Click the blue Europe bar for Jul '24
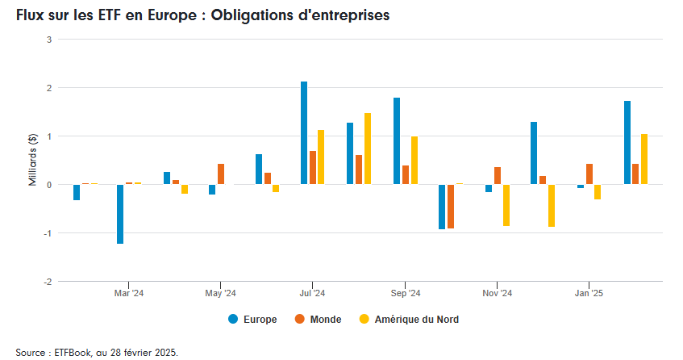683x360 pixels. tap(304, 133)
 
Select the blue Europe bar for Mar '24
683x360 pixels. tap(120, 214)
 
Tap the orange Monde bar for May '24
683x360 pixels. tap(221, 174)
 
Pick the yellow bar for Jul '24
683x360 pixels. tap(321, 157)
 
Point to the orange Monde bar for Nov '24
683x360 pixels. tap(498, 176)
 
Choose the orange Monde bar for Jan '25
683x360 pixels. tap(589, 174)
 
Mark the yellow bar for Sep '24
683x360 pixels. tap(414, 161)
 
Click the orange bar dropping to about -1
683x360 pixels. tap(451, 207)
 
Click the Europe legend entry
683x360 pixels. tap(252, 320)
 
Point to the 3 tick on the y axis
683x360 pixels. tap(49, 40)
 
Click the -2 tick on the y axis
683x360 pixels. tap(48, 282)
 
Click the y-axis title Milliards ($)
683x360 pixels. tap(33, 161)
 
